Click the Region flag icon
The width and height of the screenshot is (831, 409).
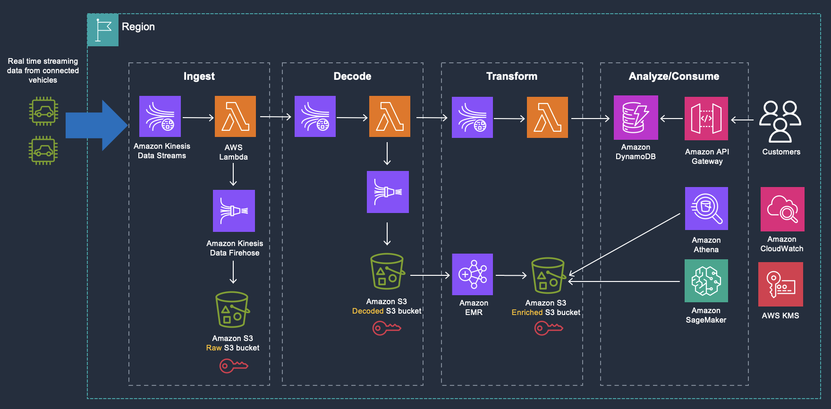[103, 30]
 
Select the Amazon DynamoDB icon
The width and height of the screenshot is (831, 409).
[636, 118]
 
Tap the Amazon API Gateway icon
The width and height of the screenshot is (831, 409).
[706, 119]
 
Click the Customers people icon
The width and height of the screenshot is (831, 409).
[780, 121]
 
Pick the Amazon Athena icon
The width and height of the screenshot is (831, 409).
[706, 208]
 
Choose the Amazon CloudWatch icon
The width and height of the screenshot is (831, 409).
[782, 209]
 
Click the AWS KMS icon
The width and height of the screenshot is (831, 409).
[780, 284]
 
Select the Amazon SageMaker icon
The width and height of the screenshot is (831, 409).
[706, 281]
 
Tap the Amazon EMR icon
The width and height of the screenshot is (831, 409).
[472, 274]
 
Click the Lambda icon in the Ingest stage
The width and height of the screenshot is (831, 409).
[235, 117]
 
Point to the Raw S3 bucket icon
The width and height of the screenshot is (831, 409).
[232, 310]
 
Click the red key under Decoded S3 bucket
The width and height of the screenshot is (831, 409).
[386, 328]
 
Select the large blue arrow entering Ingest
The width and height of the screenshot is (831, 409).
[96, 126]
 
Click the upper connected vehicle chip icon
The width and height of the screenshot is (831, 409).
[43, 111]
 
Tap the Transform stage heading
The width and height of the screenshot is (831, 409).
[511, 76]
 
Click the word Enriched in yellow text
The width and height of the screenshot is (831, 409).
[527, 313]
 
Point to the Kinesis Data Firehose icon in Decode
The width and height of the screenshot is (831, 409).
[388, 192]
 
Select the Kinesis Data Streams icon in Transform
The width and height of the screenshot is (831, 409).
[472, 118]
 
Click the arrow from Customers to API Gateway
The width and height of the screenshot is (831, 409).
[742, 120]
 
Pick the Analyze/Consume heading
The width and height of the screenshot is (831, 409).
[674, 76]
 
